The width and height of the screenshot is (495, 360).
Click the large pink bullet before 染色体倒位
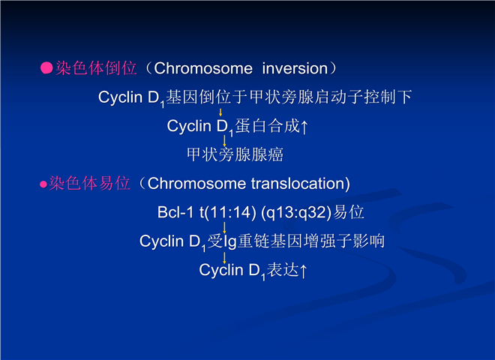tap(46, 68)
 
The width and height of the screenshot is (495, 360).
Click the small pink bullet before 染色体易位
tap(43, 184)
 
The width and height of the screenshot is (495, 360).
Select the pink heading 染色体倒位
tap(96, 68)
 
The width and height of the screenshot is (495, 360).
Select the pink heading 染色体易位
tap(90, 184)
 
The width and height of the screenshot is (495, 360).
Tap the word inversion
tap(295, 68)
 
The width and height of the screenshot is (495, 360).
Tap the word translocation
tap(298, 184)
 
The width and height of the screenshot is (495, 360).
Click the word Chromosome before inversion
tap(203, 68)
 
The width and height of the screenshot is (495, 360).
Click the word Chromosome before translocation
tap(196, 184)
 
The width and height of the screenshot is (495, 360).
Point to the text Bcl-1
tap(175, 212)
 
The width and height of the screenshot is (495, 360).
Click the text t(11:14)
tap(227, 212)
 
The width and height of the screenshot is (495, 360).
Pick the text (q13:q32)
tap(296, 212)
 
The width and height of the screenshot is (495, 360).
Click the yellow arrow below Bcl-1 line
tap(224, 228)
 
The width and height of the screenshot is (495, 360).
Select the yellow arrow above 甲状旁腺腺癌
tap(224, 141)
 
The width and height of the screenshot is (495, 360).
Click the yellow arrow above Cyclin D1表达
tap(224, 258)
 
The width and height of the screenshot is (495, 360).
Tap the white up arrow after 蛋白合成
tap(304, 127)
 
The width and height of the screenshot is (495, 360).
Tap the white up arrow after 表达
tap(303, 271)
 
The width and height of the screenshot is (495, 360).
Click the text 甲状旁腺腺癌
tap(235, 154)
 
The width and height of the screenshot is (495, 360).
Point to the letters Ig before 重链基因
tap(230, 241)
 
